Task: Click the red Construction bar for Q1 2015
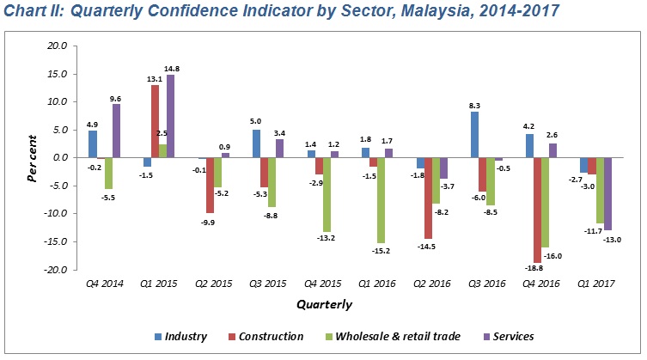(x=155, y=120)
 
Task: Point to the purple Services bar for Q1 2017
(x=607, y=193)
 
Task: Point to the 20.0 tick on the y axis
(x=56, y=46)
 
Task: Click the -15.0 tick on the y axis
(x=54, y=241)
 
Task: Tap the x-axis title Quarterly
(x=324, y=304)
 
